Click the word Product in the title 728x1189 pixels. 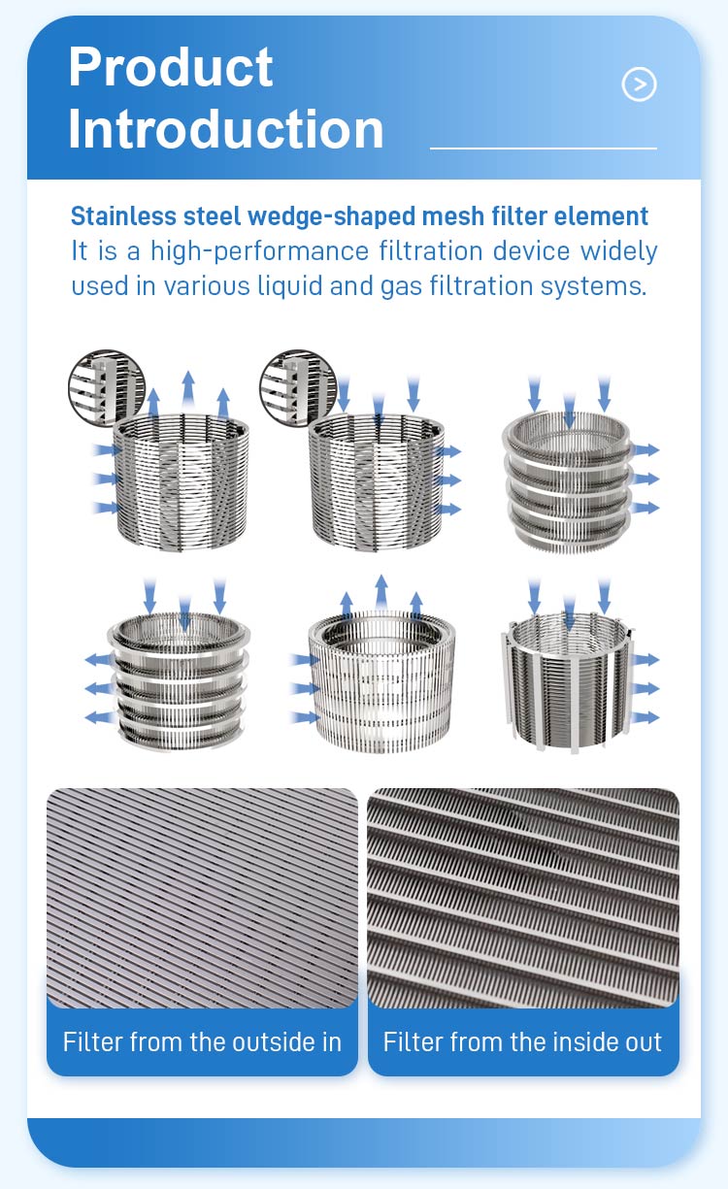pos(171,67)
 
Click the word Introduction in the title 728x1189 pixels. pos(225,129)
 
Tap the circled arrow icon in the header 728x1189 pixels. pos(639,83)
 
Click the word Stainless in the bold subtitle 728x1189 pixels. pos(123,216)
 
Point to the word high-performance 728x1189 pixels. pos(260,251)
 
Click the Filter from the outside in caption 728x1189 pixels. pos(202,1041)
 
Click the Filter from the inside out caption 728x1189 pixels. pos(522,1041)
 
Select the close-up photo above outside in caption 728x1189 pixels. pos(202,898)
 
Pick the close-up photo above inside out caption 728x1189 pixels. pos(523,898)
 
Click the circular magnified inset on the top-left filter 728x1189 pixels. pos(107,387)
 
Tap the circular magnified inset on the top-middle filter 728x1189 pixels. pos(298,387)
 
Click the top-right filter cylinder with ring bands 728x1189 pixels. pos(568,481)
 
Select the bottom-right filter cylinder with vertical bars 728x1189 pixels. pos(567,681)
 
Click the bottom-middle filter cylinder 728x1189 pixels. pos(381,681)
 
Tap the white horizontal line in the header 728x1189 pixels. pos(544,149)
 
